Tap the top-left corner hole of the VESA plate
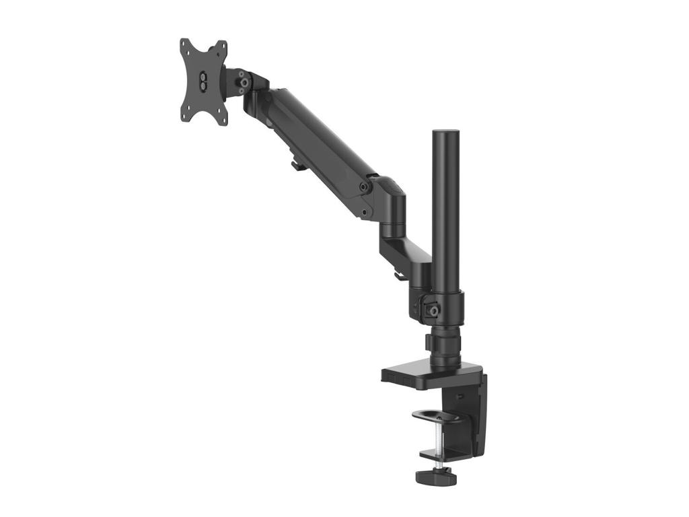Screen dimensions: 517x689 click(185, 45)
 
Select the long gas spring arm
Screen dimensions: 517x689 click(316, 141)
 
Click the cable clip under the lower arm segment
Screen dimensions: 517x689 click(398, 274)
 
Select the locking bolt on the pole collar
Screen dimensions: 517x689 click(434, 310)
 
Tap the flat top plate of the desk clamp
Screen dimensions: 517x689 click(431, 374)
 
